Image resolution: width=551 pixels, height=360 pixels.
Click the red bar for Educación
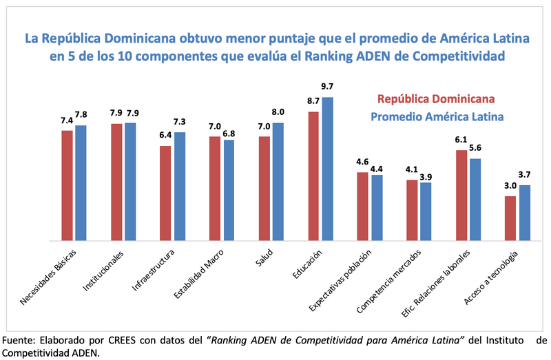click(x=313, y=176)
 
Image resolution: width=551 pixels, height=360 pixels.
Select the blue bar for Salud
click(x=278, y=182)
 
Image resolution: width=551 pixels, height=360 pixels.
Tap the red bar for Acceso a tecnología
click(x=510, y=218)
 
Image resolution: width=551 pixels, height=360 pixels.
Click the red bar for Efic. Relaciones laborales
click(x=461, y=195)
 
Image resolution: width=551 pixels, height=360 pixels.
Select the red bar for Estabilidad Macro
click(x=215, y=189)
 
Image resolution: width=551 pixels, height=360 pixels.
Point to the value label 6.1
click(x=461, y=140)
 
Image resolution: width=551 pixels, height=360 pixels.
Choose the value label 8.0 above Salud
click(x=278, y=112)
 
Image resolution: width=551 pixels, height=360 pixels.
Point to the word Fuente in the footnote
click(x=19, y=341)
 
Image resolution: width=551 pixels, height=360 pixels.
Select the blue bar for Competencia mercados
click(x=425, y=211)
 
